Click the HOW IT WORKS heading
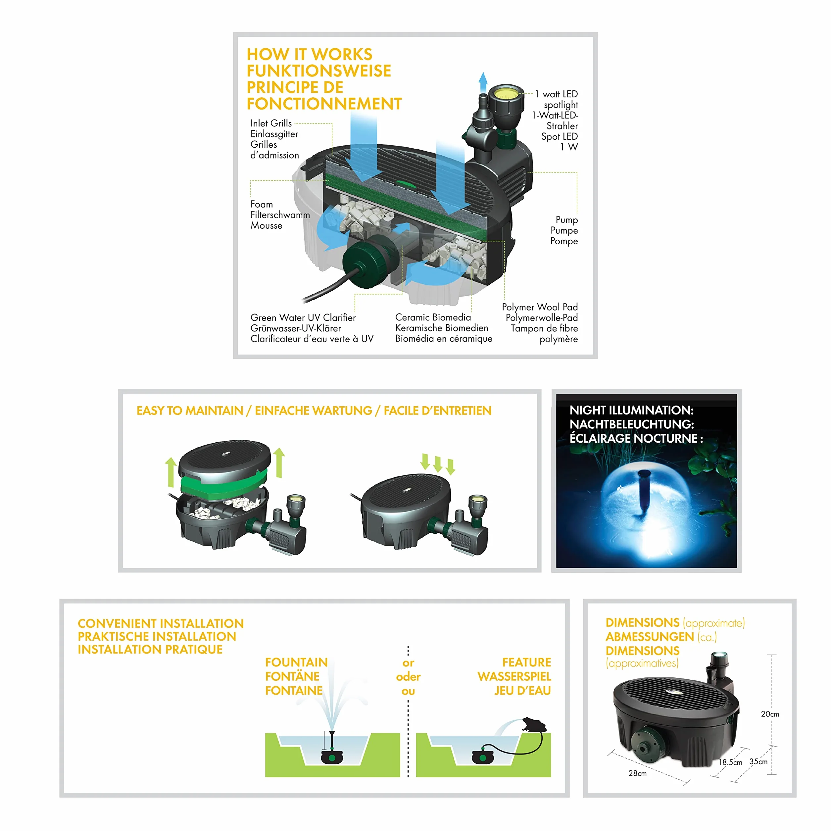[309, 54]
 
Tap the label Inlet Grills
[271, 123]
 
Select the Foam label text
[262, 204]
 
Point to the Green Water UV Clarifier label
[303, 318]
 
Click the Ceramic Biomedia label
[433, 318]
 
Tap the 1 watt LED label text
[556, 94]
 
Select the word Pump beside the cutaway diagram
[566, 220]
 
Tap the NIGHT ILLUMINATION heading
[631, 410]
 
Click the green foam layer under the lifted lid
[221, 485]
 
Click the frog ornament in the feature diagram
[533, 725]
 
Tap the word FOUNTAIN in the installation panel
[296, 662]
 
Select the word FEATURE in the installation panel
[526, 662]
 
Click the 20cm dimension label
[770, 714]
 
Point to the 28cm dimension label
[637, 773]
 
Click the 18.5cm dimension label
[731, 762]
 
